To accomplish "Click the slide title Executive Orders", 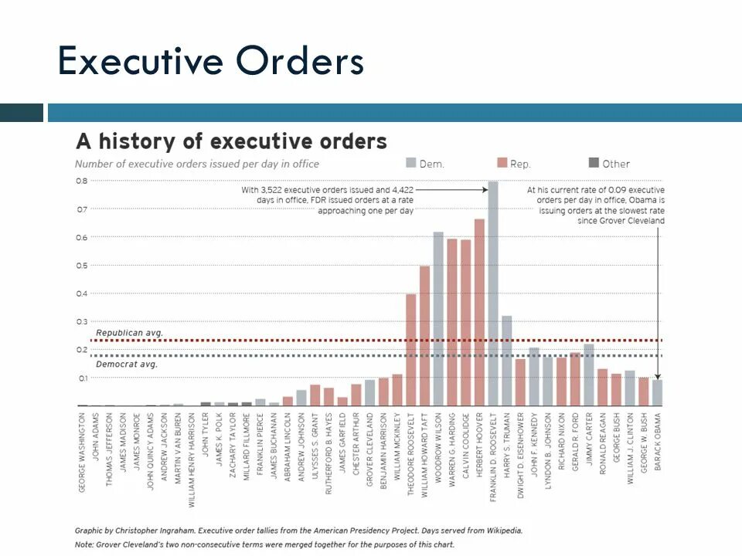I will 210,61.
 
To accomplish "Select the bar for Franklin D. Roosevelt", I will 493,293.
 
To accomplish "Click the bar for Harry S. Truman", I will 506,360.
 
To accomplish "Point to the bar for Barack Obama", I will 657,392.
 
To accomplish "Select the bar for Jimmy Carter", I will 589,375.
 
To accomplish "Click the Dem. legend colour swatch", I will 410,163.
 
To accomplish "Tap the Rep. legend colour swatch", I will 502,163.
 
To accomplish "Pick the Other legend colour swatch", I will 594,163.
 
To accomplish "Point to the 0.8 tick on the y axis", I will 81,181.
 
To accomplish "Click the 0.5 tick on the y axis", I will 81,266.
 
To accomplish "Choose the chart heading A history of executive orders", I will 231,142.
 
